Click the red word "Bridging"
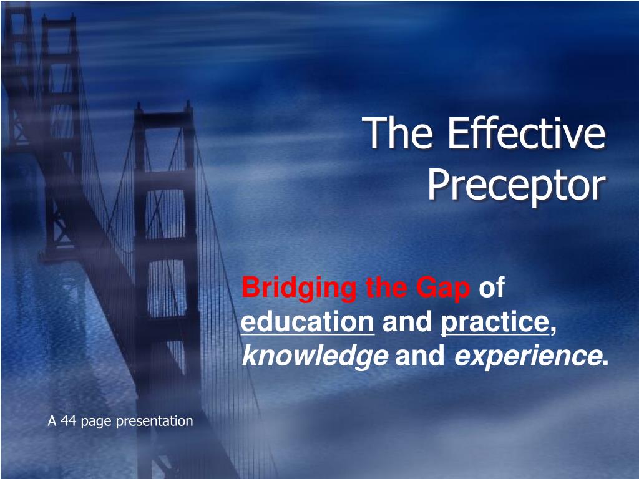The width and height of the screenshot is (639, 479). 299,289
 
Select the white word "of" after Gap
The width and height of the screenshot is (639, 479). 492,287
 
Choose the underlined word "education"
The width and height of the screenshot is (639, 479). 307,321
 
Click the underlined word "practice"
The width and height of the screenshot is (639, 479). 495,323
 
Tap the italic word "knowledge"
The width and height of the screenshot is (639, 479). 315,356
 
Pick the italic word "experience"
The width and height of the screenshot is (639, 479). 527,356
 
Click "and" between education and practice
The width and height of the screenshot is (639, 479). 407,321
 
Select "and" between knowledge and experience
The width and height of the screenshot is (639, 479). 420,356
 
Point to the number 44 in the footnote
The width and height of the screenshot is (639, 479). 69,421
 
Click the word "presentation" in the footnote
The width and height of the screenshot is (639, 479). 155,421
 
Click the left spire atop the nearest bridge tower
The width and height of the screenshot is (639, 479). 139,107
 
